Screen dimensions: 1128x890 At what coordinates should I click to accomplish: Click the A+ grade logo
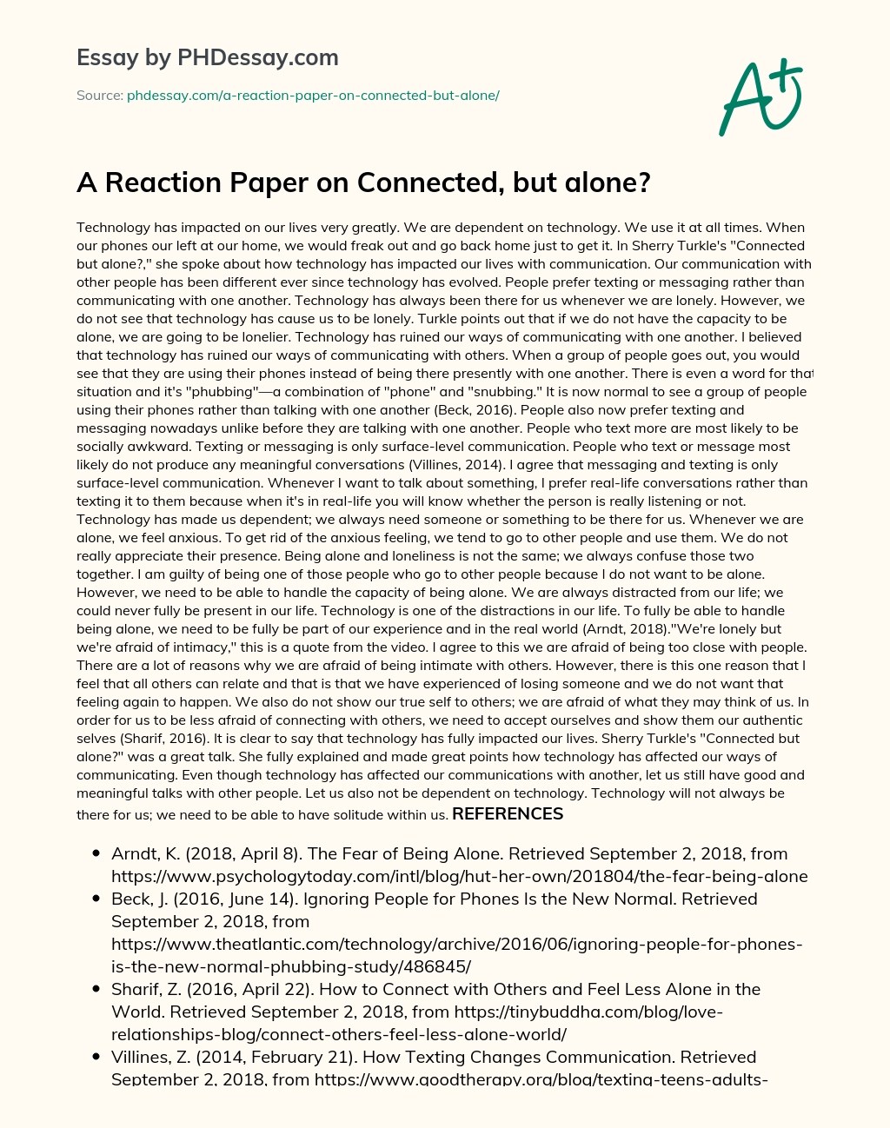[760, 97]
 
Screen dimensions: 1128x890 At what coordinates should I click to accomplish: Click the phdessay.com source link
[313, 96]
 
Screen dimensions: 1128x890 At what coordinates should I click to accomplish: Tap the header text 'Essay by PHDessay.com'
[208, 58]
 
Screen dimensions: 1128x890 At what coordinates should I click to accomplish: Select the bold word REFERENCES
[508, 814]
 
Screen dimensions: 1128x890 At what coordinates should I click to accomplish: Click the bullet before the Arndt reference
[96, 854]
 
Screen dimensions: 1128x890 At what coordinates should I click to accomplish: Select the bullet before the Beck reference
[96, 899]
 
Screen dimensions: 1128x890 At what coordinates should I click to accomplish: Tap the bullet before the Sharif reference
[96, 990]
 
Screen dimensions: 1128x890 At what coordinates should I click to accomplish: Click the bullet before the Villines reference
[96, 1058]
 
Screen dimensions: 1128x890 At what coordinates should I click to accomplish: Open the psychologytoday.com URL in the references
[459, 876]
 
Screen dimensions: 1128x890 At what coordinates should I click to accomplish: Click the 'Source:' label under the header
[99, 96]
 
